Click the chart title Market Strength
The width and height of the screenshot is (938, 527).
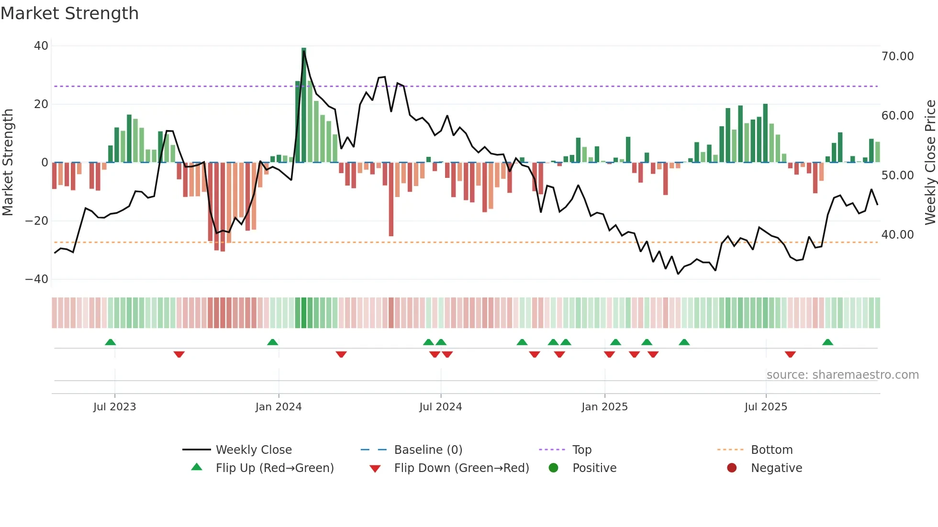point(69,13)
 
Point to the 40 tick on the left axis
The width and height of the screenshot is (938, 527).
point(41,46)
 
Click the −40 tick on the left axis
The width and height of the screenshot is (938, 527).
point(37,279)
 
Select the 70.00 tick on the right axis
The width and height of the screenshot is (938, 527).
point(897,56)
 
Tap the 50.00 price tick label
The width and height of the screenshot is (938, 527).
point(897,176)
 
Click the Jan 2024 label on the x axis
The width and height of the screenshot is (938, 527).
point(279,407)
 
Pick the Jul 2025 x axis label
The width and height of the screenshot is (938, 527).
point(766,407)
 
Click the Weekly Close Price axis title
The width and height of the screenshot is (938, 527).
point(930,163)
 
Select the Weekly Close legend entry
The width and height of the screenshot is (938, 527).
point(254,450)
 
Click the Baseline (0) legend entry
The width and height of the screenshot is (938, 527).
point(428,450)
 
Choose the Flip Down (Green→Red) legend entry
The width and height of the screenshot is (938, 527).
point(461,468)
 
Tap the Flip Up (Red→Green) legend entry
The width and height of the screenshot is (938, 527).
point(274,468)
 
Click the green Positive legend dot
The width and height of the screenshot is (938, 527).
point(553,468)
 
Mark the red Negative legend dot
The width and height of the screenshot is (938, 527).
point(732,468)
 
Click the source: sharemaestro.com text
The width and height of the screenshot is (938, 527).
point(842,375)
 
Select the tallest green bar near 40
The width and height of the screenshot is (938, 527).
point(304,105)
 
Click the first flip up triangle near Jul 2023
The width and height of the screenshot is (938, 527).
point(111,342)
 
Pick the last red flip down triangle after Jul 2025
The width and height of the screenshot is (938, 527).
point(790,354)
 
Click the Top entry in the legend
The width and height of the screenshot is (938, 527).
point(582,450)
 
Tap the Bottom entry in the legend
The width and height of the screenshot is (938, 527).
point(771,450)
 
